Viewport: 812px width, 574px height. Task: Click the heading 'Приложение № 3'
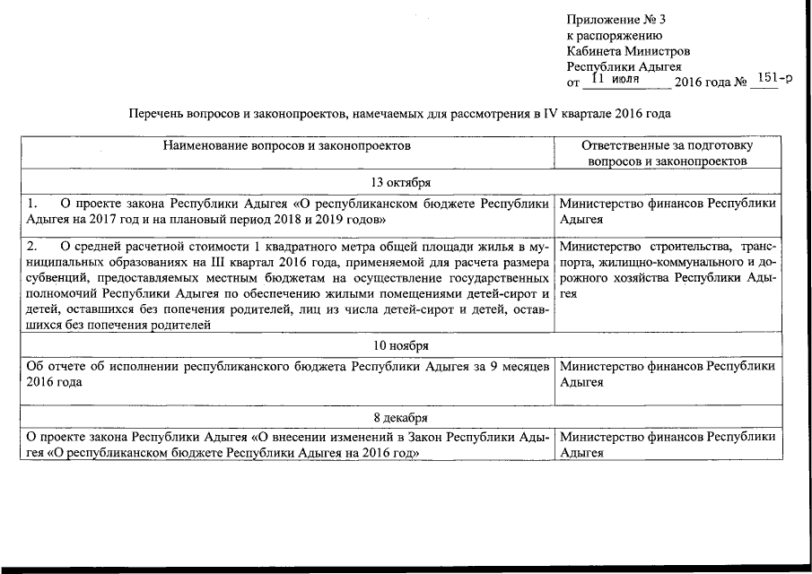point(616,20)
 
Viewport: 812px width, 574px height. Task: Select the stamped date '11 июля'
point(619,81)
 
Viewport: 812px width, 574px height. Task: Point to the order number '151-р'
point(774,79)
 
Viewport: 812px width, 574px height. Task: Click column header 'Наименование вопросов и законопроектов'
point(286,144)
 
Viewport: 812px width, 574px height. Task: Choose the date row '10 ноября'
point(401,345)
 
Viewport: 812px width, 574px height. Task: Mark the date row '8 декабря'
point(401,418)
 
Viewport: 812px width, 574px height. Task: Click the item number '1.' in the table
point(32,204)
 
